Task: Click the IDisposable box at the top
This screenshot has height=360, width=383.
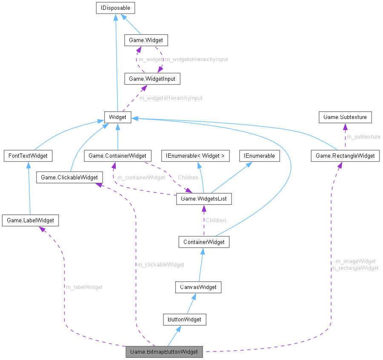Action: coord(115,8)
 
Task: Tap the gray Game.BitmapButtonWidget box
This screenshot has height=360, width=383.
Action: coord(164,351)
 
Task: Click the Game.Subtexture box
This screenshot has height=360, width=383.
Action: coord(345,116)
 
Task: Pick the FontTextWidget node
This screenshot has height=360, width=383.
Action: coord(27,156)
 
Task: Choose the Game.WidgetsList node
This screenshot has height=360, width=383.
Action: coord(204,199)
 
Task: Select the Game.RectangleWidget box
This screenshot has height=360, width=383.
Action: coord(345,156)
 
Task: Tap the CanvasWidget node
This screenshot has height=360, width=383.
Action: coord(197,287)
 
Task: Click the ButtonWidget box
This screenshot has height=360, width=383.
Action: coord(184,319)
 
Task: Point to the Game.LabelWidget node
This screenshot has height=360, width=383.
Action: coord(30,220)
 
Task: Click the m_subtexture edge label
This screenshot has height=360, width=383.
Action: coord(363,136)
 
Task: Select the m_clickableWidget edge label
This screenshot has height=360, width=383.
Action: coord(160,264)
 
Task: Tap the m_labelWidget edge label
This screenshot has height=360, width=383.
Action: coord(84,287)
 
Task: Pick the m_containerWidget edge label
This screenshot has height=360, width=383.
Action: coord(141,177)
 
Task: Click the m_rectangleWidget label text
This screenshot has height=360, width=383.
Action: coord(355,268)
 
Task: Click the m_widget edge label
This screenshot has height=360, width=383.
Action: coord(150,59)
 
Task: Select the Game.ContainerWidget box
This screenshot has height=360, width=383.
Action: coord(117,156)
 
